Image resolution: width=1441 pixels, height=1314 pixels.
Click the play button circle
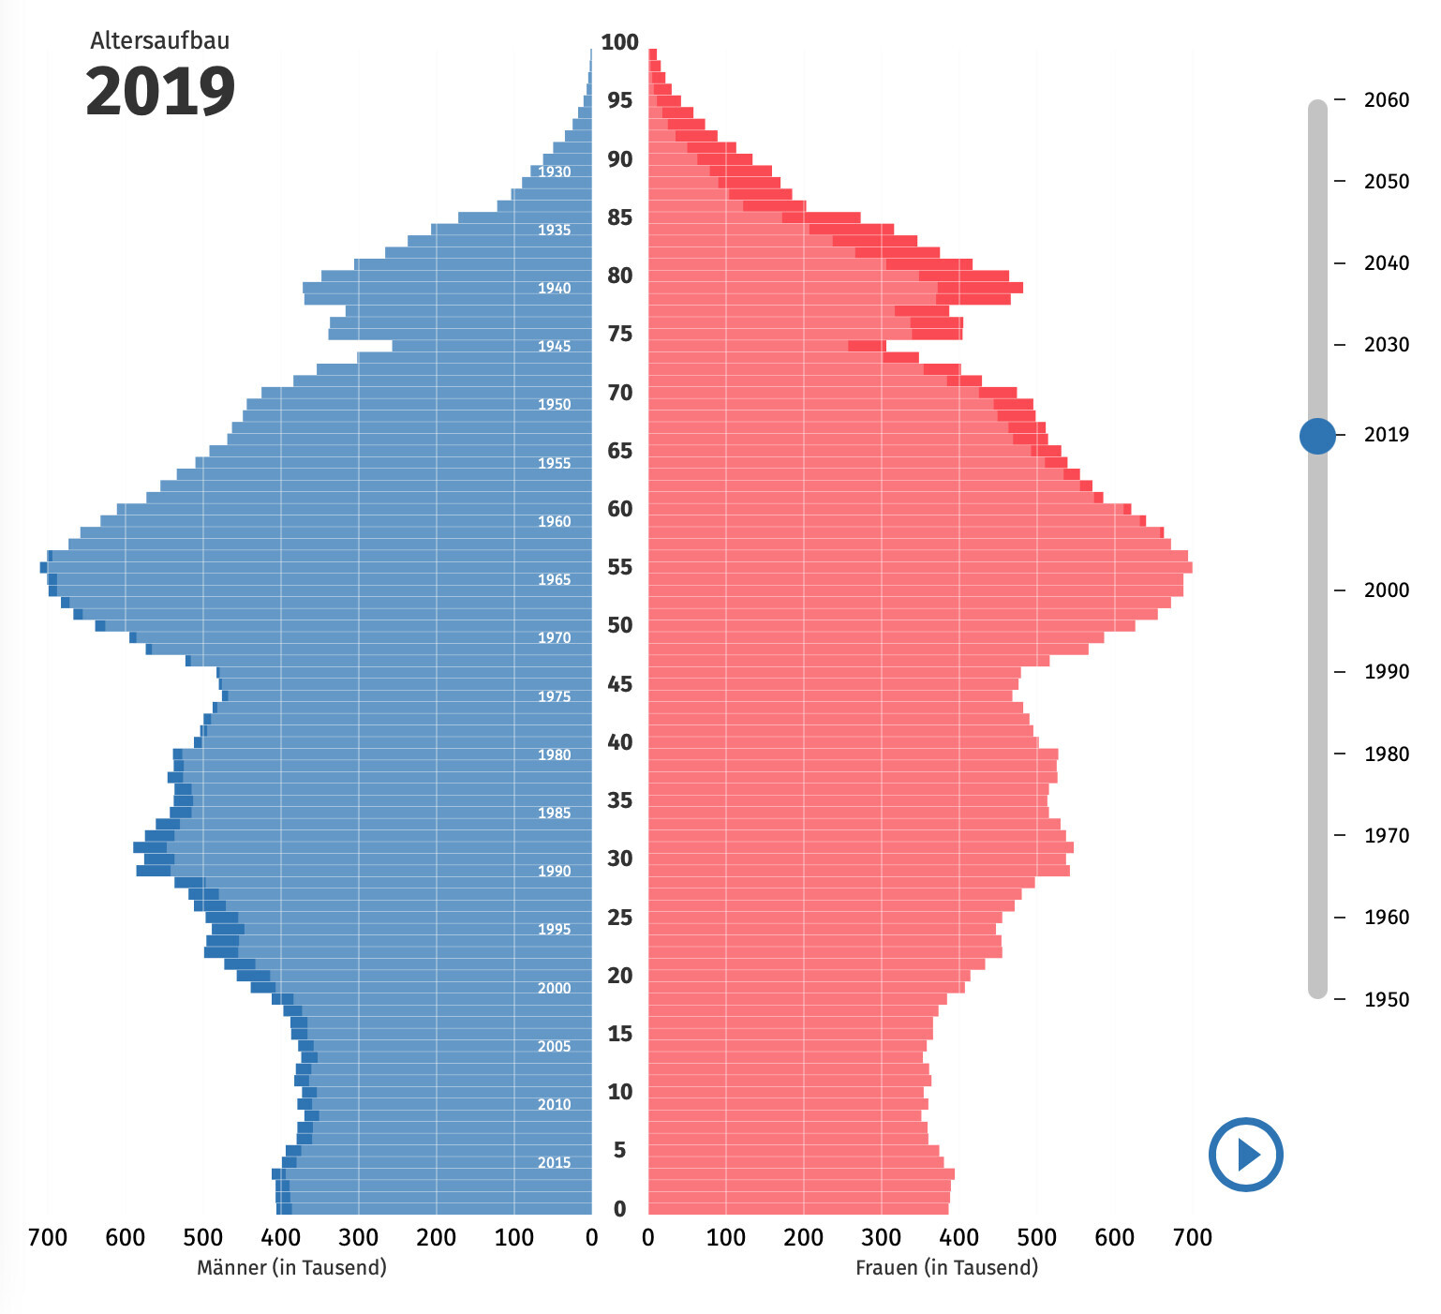1245,1154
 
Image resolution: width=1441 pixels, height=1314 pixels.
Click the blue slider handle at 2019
1317,435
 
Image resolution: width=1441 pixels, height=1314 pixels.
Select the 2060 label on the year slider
1386,100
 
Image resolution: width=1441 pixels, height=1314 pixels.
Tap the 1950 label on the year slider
1386,999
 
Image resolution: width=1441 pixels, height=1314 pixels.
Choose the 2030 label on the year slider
1386,345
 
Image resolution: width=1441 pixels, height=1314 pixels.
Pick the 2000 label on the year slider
1386,590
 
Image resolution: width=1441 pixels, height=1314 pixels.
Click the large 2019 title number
160,92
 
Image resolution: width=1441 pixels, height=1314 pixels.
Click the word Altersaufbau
159,40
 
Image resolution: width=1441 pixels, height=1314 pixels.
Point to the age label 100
619,42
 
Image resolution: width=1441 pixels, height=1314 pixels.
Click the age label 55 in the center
619,567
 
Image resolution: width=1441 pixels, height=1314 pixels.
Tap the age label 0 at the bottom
619,1209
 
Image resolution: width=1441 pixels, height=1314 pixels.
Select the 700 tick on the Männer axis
48,1238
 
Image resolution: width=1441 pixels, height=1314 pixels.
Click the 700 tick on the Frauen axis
1192,1238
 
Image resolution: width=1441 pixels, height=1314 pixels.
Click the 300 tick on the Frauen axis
881,1238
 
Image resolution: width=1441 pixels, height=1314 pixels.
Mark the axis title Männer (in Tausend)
291,1268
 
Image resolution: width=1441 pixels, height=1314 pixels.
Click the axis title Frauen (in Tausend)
946,1268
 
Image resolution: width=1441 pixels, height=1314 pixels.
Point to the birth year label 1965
554,580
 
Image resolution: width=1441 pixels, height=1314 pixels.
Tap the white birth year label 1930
554,172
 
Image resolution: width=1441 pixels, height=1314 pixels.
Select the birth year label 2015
554,1163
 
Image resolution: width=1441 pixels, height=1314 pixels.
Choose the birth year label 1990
554,872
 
